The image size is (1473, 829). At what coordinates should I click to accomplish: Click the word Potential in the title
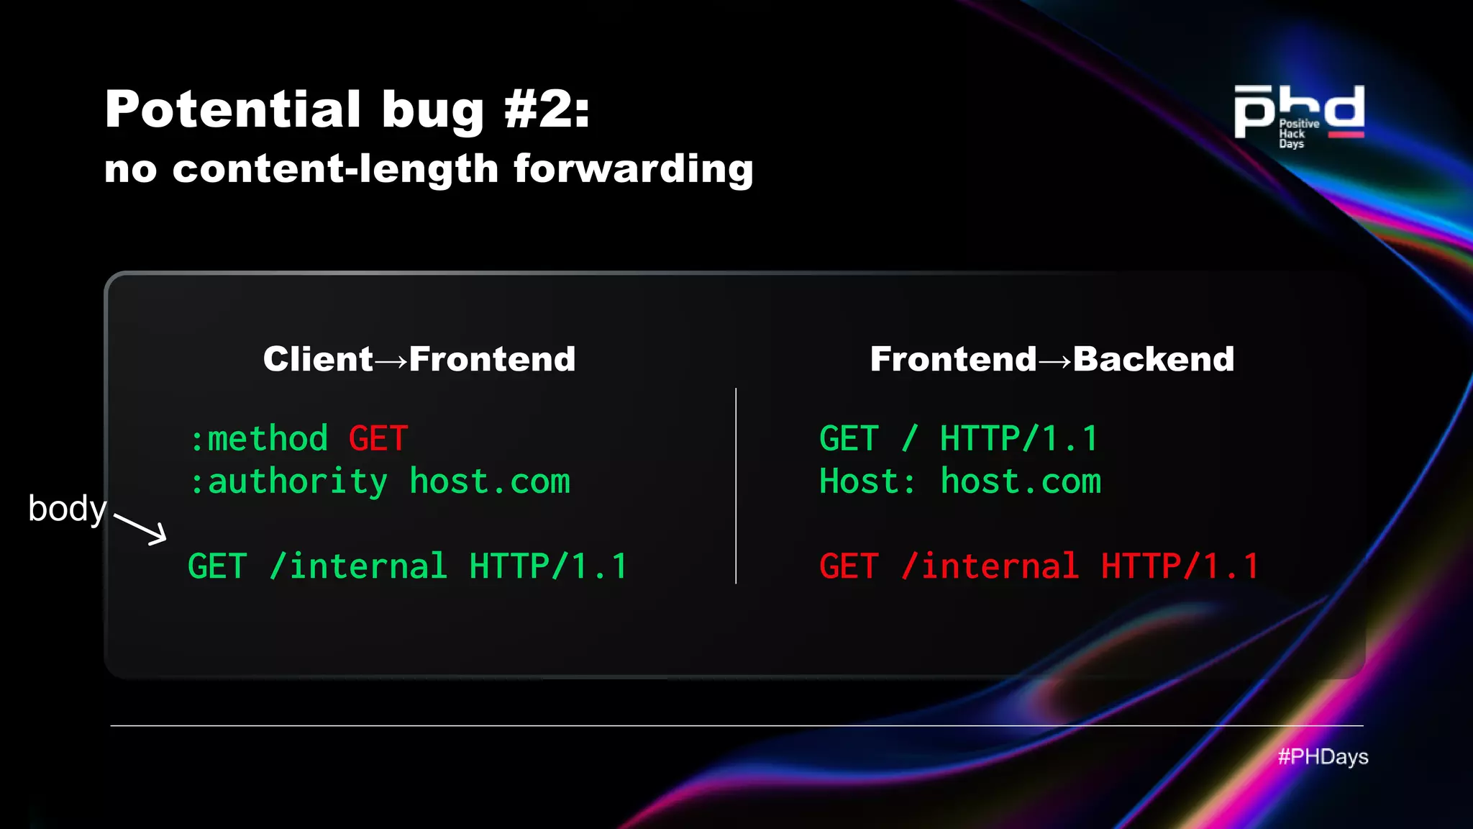[x=232, y=109]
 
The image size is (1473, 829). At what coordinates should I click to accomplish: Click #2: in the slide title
[x=547, y=109]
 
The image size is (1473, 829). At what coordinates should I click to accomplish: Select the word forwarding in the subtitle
[x=633, y=170]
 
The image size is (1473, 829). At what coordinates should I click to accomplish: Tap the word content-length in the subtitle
[x=335, y=170]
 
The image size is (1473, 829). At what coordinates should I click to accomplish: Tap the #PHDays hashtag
[x=1322, y=757]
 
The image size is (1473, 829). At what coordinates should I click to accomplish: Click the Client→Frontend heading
[x=419, y=359]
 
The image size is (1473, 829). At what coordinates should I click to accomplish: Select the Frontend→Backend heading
[x=1052, y=359]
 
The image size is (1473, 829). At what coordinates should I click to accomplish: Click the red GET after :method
[x=378, y=439]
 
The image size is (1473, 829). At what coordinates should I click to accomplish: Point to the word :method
[x=259, y=439]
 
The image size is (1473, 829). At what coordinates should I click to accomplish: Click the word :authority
[x=288, y=482]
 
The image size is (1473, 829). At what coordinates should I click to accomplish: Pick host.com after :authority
[x=489, y=482]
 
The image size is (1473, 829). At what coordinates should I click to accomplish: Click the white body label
[x=67, y=509]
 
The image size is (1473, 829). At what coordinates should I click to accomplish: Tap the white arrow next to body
[x=141, y=528]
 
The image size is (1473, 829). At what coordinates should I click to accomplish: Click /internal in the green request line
[x=358, y=567]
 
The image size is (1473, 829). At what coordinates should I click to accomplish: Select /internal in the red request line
[x=990, y=567]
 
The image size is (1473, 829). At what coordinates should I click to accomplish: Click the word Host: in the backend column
[x=867, y=482]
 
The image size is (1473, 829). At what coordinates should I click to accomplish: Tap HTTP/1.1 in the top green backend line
[x=1018, y=439]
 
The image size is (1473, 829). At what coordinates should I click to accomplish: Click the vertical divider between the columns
[x=736, y=486]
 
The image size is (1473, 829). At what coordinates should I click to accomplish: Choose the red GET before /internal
[x=849, y=567]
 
